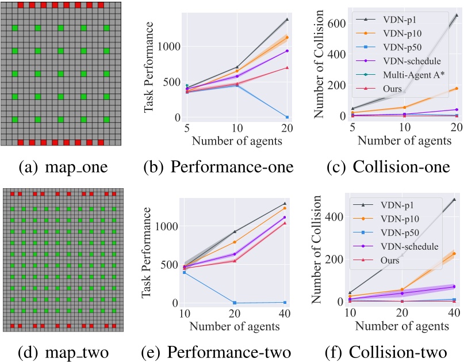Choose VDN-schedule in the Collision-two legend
[x=405, y=246]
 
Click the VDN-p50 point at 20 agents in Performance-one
[x=287, y=117]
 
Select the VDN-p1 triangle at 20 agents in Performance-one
[x=287, y=20]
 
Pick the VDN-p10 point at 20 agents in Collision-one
[x=457, y=88]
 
